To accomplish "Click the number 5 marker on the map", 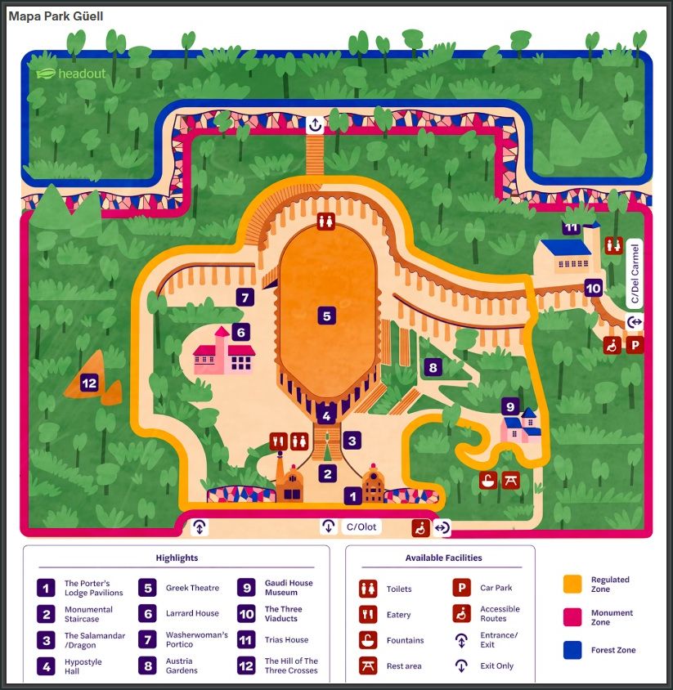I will [x=326, y=316].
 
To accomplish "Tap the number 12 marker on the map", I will [x=90, y=382].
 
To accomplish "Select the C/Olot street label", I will [x=361, y=526].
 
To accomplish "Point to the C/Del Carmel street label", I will [x=635, y=273].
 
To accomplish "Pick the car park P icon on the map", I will [x=635, y=346].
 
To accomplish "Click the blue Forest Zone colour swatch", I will [x=572, y=651].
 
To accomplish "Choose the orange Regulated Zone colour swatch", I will [x=572, y=584].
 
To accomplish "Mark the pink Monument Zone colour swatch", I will [x=572, y=617].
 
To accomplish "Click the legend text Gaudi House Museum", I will [x=288, y=588].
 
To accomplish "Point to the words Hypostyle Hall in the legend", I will [x=83, y=666].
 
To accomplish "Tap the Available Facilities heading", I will [x=443, y=558].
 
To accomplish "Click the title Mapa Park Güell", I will [x=56, y=16].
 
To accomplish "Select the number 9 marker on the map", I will [x=510, y=406].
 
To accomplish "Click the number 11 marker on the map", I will [x=571, y=228].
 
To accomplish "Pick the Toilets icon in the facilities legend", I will [x=368, y=589].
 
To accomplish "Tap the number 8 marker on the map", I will [x=433, y=368].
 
